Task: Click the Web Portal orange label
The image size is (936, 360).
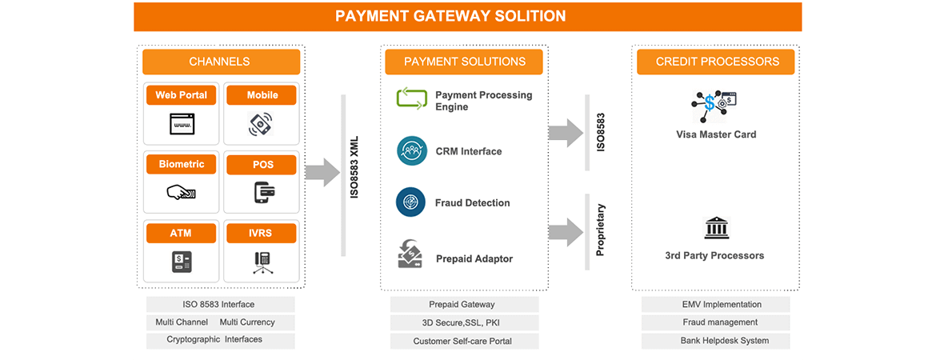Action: click(x=181, y=95)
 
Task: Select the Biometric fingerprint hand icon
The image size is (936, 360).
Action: click(x=181, y=193)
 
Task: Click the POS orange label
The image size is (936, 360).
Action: click(x=262, y=165)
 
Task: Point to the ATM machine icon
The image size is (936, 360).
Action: click(x=181, y=262)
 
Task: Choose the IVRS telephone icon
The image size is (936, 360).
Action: click(x=262, y=262)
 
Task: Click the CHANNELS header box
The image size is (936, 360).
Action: click(x=221, y=62)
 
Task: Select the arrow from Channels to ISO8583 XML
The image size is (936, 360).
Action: click(x=322, y=172)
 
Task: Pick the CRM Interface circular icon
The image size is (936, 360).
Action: click(x=411, y=151)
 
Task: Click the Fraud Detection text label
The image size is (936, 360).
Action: click(x=472, y=203)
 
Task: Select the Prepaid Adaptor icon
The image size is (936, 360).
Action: click(x=410, y=254)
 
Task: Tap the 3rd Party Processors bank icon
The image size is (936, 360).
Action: click(x=715, y=229)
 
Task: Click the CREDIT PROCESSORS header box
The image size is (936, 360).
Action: click(x=716, y=62)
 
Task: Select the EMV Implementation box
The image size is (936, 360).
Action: click(x=715, y=305)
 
